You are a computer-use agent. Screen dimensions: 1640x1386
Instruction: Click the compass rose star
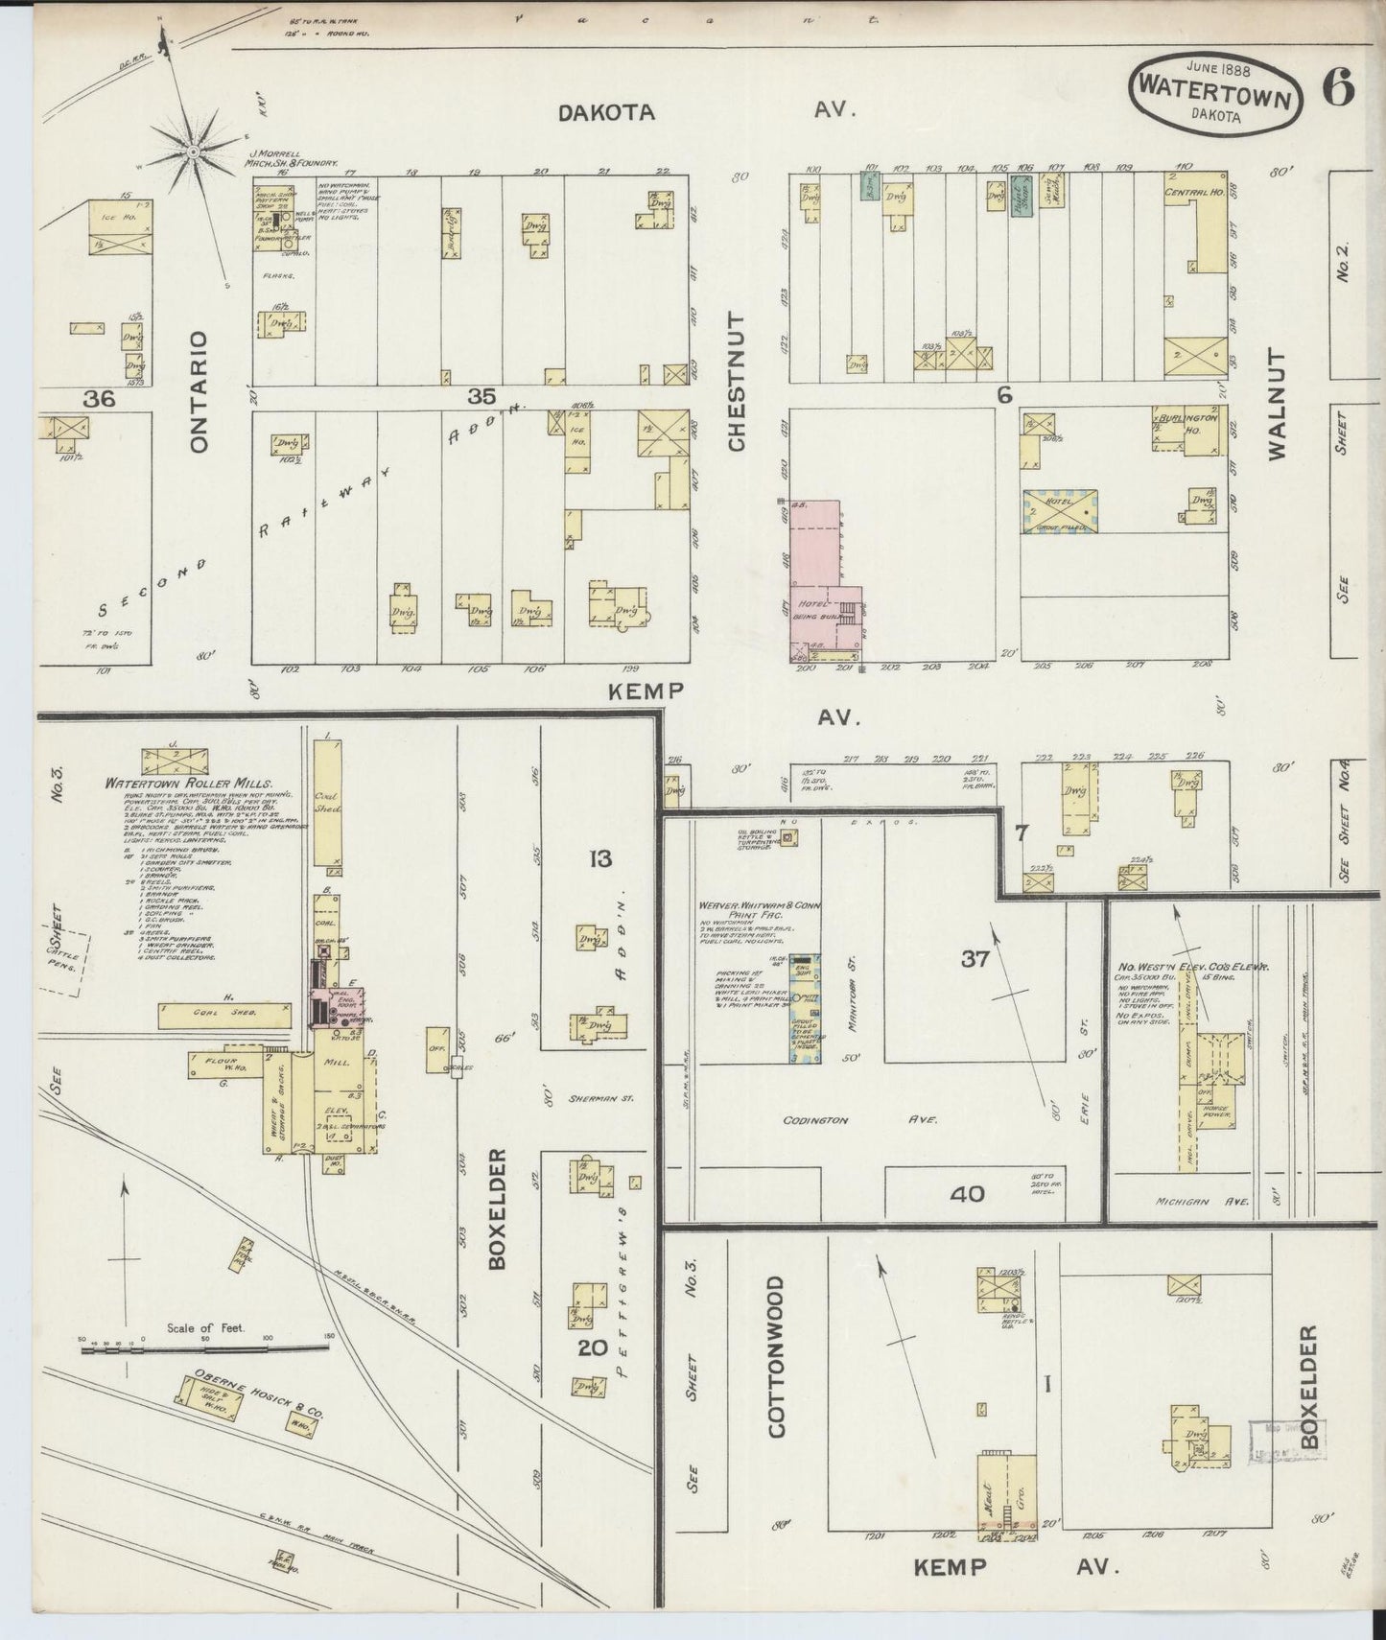[x=193, y=151]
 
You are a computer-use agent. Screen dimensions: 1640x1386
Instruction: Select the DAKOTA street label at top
[x=607, y=112]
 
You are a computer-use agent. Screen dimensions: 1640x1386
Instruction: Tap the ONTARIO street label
[x=199, y=391]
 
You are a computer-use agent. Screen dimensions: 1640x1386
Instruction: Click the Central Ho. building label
[x=1192, y=192]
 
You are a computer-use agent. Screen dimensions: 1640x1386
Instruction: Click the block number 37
[x=975, y=958]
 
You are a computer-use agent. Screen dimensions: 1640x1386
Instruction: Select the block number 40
[x=967, y=1194]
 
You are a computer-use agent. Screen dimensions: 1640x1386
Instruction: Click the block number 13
[x=600, y=858]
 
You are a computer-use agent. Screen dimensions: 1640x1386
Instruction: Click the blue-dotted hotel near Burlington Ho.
[x=1060, y=513]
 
